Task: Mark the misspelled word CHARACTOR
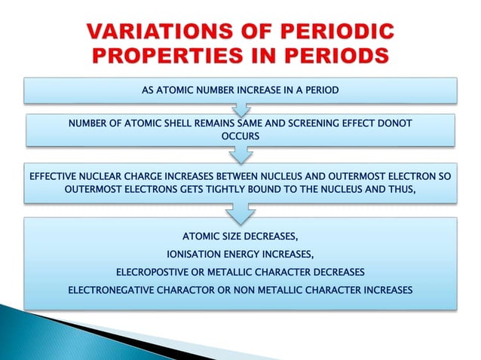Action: [x=193, y=289]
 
